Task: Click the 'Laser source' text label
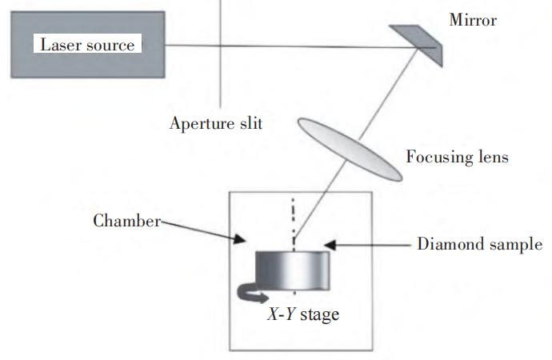87,45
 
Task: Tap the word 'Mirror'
473,20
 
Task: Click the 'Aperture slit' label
216,124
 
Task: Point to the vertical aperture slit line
221,54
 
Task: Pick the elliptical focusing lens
350,150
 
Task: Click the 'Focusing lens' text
458,157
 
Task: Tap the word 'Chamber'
126,221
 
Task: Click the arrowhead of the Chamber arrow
240,239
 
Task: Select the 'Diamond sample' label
479,244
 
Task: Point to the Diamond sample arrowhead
330,246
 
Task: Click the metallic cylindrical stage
293,270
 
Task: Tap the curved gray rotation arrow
250,293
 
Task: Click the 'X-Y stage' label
303,314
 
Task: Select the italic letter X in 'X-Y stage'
273,313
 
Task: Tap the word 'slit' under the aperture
251,123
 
